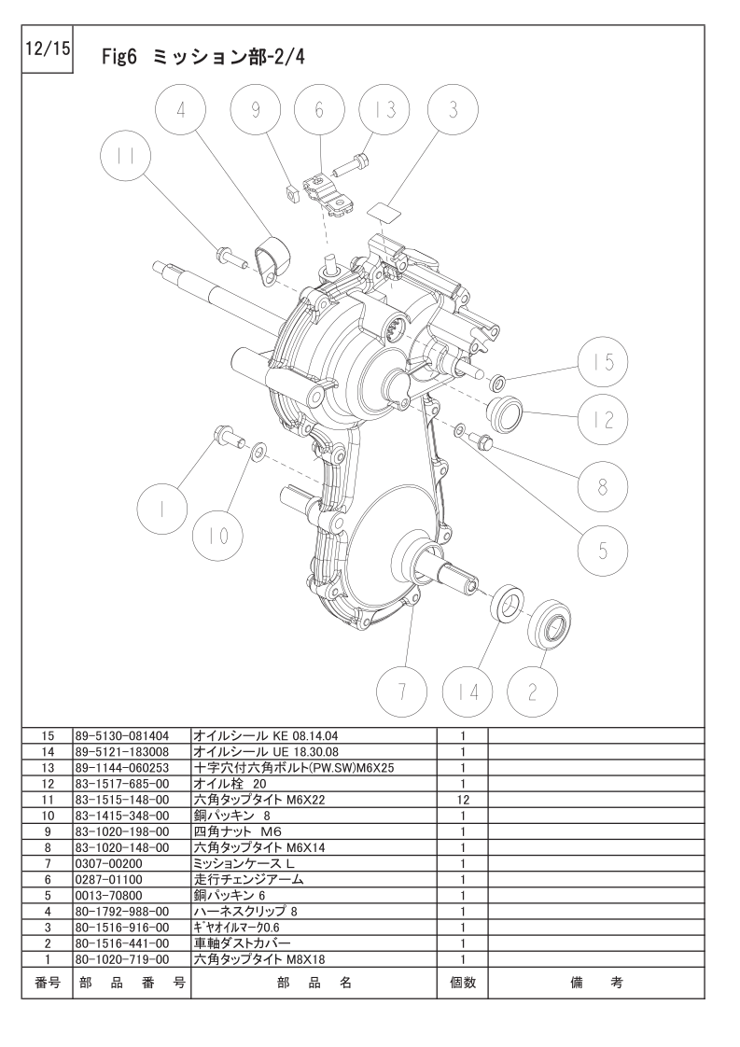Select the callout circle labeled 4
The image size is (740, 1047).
point(181,110)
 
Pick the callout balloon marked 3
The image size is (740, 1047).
point(454,110)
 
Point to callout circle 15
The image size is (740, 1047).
point(603,362)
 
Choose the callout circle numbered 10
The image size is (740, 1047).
point(217,536)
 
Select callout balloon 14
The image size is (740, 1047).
point(468,691)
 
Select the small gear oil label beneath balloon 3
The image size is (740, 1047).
point(384,207)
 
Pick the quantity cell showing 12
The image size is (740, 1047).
point(462,800)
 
